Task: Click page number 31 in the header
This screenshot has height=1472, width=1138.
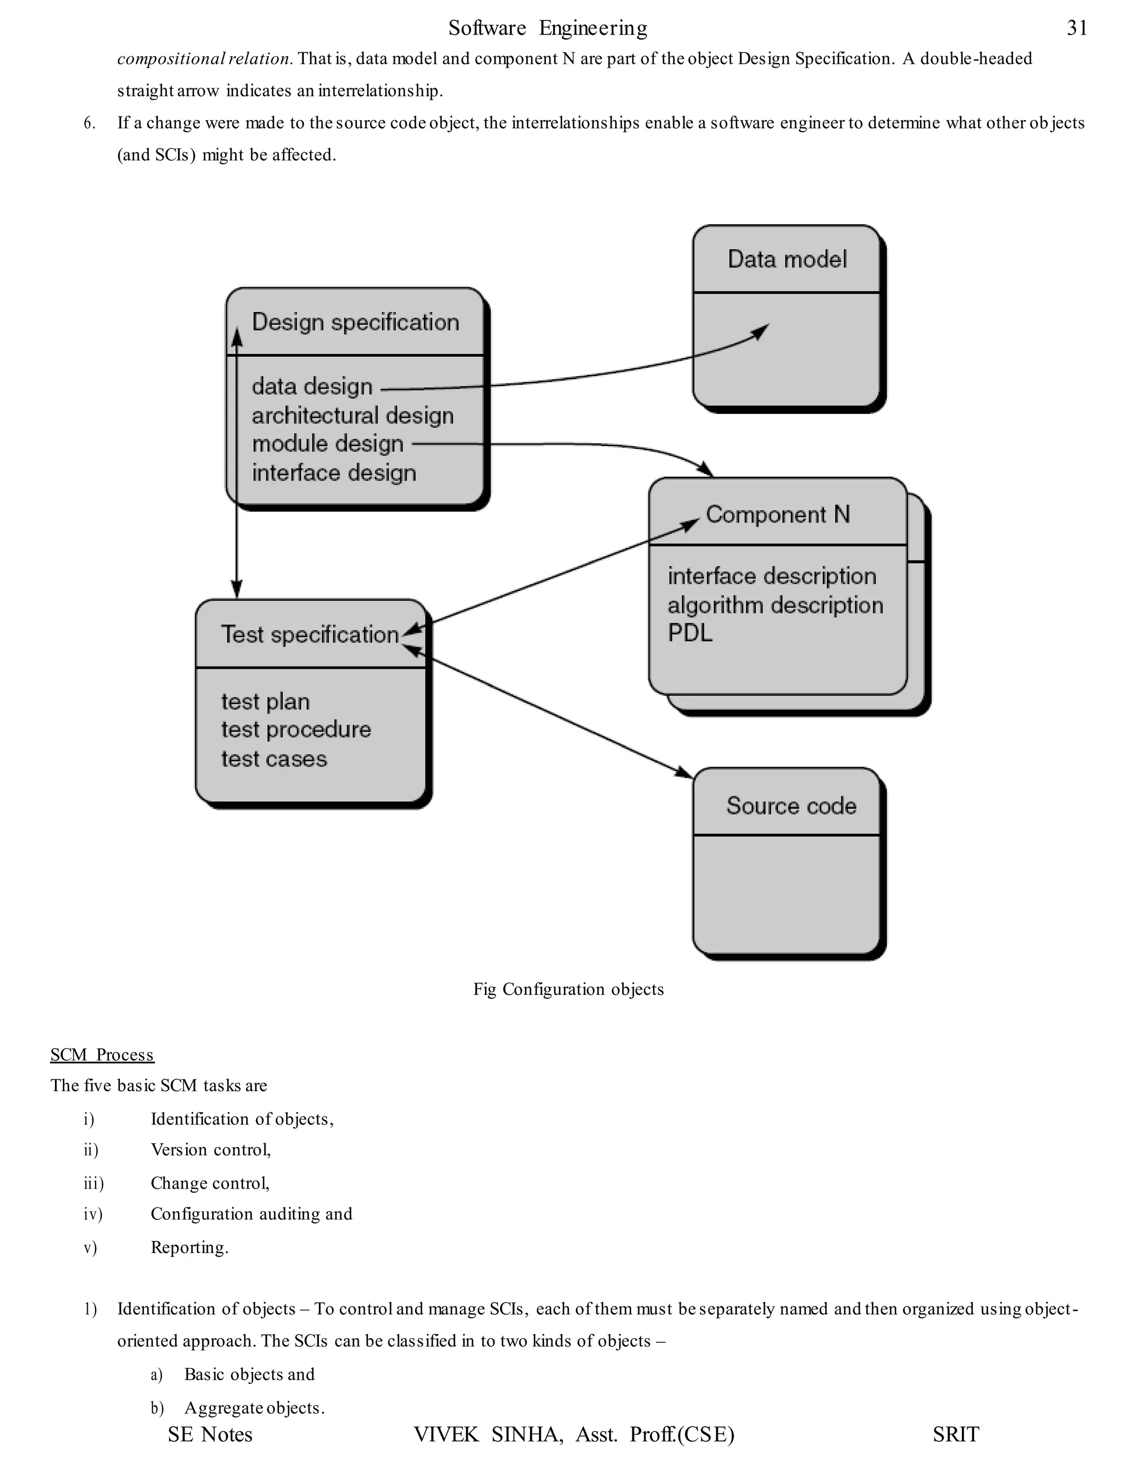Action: click(x=1077, y=28)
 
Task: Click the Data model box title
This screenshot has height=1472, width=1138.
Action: click(x=787, y=259)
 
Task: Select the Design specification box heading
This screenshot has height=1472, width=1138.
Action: click(x=355, y=322)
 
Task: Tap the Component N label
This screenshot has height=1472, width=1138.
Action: click(x=777, y=515)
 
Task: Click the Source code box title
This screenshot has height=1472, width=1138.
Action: click(x=791, y=806)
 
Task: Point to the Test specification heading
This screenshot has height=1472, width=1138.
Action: click(x=310, y=635)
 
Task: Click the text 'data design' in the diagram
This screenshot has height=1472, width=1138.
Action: click(x=312, y=387)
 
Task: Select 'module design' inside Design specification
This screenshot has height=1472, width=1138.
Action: click(x=328, y=444)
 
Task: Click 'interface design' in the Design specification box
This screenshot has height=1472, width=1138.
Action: click(x=334, y=473)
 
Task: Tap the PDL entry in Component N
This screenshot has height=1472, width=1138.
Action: click(x=690, y=634)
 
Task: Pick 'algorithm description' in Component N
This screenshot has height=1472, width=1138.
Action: click(x=775, y=605)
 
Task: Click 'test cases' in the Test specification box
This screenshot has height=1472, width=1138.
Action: click(x=274, y=759)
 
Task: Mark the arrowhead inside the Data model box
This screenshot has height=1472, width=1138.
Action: click(x=762, y=331)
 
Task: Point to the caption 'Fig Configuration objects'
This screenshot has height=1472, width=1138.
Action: click(x=568, y=989)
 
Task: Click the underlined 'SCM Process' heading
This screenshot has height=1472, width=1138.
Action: click(x=102, y=1055)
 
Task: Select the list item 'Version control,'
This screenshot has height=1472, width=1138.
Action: click(x=211, y=1150)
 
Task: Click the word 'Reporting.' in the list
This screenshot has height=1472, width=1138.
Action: click(x=189, y=1248)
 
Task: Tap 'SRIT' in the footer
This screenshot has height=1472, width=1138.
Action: click(x=955, y=1434)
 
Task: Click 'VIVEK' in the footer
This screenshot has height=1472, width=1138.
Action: click(x=446, y=1434)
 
